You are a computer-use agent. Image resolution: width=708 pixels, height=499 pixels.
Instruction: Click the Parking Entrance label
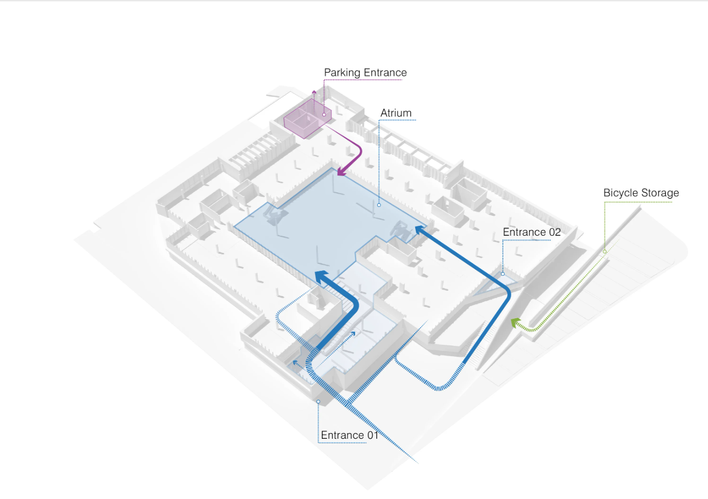[x=365, y=73]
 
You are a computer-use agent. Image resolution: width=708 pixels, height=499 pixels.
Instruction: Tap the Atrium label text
[x=396, y=113]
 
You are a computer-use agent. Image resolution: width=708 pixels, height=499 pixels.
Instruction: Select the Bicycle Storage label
[x=641, y=193]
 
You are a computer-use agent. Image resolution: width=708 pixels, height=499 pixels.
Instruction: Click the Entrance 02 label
[x=532, y=232]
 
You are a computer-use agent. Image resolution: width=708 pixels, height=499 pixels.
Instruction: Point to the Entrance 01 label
[x=349, y=435]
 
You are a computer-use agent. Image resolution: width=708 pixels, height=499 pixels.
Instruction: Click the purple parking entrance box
[x=307, y=118]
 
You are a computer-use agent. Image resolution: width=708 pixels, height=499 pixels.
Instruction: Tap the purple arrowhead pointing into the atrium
[x=342, y=171]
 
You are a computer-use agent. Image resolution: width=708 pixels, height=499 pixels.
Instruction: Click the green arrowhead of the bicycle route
[x=516, y=323]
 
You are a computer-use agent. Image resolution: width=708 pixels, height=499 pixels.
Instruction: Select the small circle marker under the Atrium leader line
[x=379, y=205]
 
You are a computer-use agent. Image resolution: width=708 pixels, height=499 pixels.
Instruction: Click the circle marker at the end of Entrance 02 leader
[x=502, y=274]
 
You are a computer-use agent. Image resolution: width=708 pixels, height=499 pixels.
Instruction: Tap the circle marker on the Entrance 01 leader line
[x=318, y=401]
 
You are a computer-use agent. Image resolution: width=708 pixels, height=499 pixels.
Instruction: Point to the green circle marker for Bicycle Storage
[x=605, y=252]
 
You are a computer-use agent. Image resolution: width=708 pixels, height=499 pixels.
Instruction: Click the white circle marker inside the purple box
[x=324, y=114]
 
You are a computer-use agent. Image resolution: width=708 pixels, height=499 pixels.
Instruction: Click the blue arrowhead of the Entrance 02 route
[x=420, y=230]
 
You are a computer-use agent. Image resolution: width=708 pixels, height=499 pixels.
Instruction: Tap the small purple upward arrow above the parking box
[x=314, y=92]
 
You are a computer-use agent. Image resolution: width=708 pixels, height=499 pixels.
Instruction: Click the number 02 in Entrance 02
[x=555, y=232]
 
